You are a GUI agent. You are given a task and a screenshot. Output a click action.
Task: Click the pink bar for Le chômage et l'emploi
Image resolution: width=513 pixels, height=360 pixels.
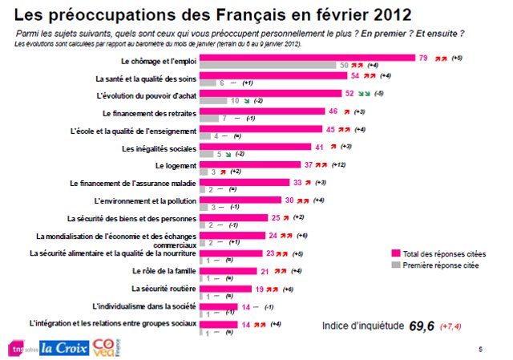[305, 57]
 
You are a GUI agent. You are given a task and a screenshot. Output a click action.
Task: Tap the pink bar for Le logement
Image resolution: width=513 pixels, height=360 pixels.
[249, 164]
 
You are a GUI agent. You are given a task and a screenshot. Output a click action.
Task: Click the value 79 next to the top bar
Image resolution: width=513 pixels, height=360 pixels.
[423, 58]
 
